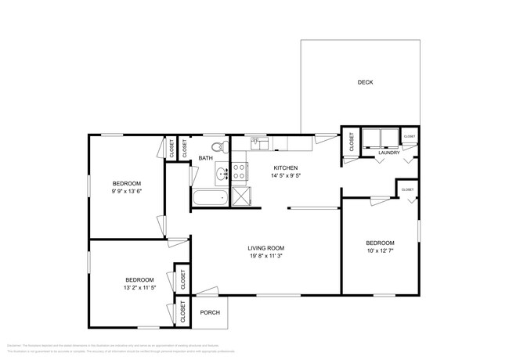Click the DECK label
pos(365,82)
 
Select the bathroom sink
pos(221,172)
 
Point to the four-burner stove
pos(239,171)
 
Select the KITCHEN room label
pos(285,167)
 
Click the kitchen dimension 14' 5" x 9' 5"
pos(285,176)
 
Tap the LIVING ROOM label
pos(266,248)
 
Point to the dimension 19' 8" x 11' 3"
pos(266,256)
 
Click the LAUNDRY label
pos(389,153)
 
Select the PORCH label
pos(210,313)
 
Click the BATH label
pos(205,158)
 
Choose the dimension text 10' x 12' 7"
pos(380,251)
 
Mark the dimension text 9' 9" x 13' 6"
pos(128,191)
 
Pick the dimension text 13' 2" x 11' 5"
pos(139,288)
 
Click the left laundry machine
pos(370,138)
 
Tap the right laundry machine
pos(388,138)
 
